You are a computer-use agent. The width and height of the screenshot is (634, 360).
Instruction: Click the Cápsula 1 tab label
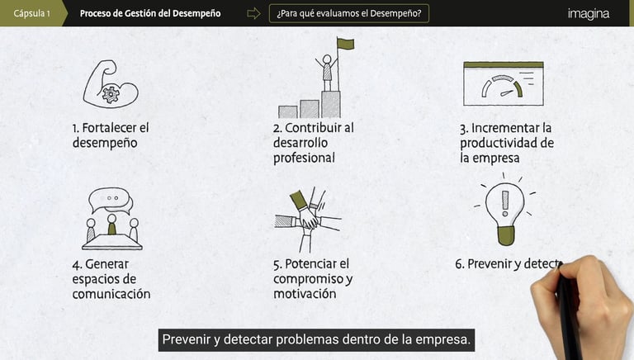pos(31,13)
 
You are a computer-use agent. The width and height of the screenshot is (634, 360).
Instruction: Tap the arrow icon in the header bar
pos(253,13)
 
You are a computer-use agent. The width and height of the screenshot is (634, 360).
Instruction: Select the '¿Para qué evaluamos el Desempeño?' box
pos(349,13)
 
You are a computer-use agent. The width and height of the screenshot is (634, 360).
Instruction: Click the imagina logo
pos(589,14)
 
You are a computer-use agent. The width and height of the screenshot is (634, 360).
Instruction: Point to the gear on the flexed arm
pos(111,95)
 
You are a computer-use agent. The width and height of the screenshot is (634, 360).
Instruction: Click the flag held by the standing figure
pos(345,44)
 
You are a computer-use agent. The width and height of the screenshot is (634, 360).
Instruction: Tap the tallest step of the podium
pos(331,104)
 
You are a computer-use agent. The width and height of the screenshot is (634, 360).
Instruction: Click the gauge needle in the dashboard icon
pos(507,93)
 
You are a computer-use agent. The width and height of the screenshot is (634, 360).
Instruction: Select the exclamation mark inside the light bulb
pos(505,203)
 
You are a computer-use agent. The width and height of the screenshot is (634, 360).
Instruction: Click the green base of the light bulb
pos(506,235)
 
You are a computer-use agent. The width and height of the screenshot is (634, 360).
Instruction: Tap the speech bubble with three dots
pos(110,200)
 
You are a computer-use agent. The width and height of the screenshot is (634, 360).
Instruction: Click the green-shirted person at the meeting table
pos(111,225)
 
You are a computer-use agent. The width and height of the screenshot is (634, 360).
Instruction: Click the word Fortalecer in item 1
pos(110,128)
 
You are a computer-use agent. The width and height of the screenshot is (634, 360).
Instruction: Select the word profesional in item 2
pos(304,158)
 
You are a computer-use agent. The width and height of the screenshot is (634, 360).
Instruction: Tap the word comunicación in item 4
pos(111,294)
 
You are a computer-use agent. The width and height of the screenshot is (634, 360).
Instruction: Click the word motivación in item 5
pos(305,294)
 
